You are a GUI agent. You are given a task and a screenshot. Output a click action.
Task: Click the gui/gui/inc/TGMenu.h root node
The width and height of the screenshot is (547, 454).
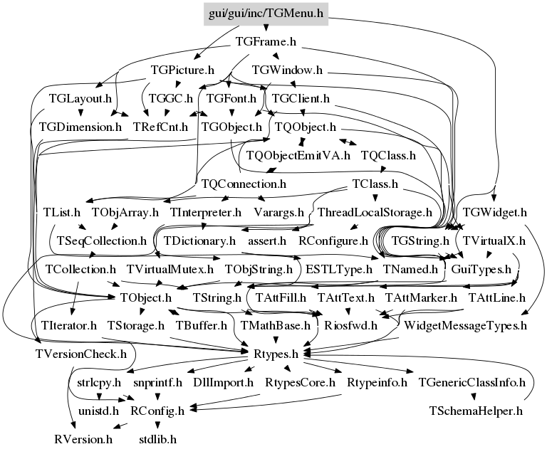tap(266, 14)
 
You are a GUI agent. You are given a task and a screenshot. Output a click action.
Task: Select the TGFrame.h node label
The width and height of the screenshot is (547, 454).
tap(266, 41)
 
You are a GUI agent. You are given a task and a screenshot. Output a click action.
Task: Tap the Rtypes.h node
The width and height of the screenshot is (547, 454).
tap(276, 354)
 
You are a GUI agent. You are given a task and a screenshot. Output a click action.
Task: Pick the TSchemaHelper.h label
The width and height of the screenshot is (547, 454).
tap(476, 411)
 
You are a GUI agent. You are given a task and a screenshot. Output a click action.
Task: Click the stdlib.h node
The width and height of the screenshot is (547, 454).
tap(157, 439)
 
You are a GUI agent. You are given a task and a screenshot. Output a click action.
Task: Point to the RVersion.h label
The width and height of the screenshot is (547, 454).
tap(84, 439)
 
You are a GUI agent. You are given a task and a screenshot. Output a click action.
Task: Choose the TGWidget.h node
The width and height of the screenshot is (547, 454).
tap(495, 212)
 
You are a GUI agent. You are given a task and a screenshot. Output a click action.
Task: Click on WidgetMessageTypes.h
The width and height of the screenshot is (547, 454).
tap(465, 326)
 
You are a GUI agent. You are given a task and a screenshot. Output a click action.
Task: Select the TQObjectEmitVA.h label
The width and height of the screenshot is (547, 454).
tap(298, 155)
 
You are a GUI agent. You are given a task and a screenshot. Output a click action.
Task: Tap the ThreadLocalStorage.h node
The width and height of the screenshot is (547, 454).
tap(375, 212)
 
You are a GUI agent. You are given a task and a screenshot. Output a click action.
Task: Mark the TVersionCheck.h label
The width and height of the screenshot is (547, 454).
tap(81, 354)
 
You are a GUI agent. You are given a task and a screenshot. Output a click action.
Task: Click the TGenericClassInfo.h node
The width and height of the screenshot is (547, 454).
tap(472, 383)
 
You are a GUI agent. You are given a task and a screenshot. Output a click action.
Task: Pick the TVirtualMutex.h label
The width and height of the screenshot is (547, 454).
tap(170, 269)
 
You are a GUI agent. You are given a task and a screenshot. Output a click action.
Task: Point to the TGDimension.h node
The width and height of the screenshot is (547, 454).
tap(80, 127)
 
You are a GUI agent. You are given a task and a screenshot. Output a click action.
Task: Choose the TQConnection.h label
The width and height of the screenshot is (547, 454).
tap(244, 184)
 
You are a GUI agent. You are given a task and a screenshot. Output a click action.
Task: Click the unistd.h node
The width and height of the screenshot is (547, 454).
tap(99, 411)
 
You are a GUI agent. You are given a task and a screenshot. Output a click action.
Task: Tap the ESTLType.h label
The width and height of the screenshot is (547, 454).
tap(339, 269)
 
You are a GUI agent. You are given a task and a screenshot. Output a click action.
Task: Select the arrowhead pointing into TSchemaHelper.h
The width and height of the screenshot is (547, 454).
tap(474, 397)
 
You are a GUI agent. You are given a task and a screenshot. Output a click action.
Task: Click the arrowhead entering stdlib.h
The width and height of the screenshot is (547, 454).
tap(157, 425)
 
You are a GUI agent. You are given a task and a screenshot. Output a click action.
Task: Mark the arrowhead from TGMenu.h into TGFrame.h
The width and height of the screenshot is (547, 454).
tap(266, 28)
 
